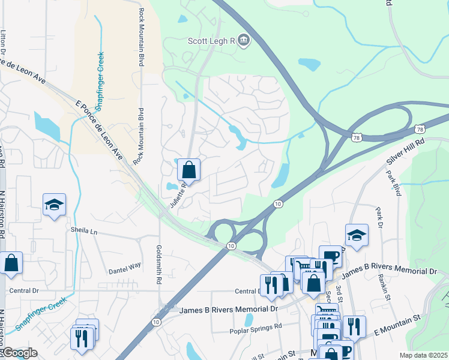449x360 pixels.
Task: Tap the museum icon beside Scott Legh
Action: click(244, 41)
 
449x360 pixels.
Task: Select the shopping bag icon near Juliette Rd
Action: click(189, 170)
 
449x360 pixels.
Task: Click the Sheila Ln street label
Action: click(83, 230)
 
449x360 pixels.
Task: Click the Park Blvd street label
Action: click(394, 184)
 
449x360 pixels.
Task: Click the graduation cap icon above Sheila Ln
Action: click(54, 205)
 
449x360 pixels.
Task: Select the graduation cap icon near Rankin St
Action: click(357, 236)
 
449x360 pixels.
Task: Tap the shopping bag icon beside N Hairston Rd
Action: click(11, 263)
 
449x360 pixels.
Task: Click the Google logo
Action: click(19, 353)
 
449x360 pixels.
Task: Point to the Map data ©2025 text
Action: click(423, 355)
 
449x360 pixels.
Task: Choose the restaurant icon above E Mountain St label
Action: click(354, 327)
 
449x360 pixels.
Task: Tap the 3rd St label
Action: click(339, 292)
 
